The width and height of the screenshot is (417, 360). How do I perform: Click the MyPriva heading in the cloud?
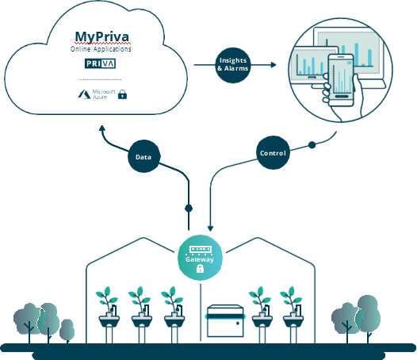(x=101, y=37)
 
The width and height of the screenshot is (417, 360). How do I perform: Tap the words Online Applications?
(x=101, y=49)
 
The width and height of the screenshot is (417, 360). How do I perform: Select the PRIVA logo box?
(x=100, y=63)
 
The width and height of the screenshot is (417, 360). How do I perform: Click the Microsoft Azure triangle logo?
(x=84, y=94)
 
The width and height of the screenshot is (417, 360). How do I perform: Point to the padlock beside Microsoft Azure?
(x=122, y=94)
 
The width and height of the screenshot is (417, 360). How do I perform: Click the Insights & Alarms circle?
(x=233, y=65)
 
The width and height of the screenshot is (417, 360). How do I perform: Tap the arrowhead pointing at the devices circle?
(x=274, y=65)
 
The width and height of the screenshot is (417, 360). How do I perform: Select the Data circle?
(x=143, y=156)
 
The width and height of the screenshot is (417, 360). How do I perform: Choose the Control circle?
(x=273, y=153)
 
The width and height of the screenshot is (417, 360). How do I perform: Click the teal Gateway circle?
(x=200, y=258)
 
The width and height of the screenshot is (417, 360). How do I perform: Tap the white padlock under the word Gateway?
(x=200, y=269)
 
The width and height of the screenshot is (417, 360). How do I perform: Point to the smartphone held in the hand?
(x=341, y=79)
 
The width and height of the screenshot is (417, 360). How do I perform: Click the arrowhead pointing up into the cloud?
(x=102, y=128)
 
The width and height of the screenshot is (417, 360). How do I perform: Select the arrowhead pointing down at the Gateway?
(x=210, y=228)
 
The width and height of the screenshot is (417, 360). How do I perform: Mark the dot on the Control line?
(x=312, y=145)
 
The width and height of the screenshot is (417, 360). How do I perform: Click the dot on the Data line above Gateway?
(x=189, y=209)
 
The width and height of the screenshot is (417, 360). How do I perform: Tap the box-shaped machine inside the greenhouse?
(x=225, y=321)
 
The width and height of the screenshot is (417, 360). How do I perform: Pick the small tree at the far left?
(x=67, y=331)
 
